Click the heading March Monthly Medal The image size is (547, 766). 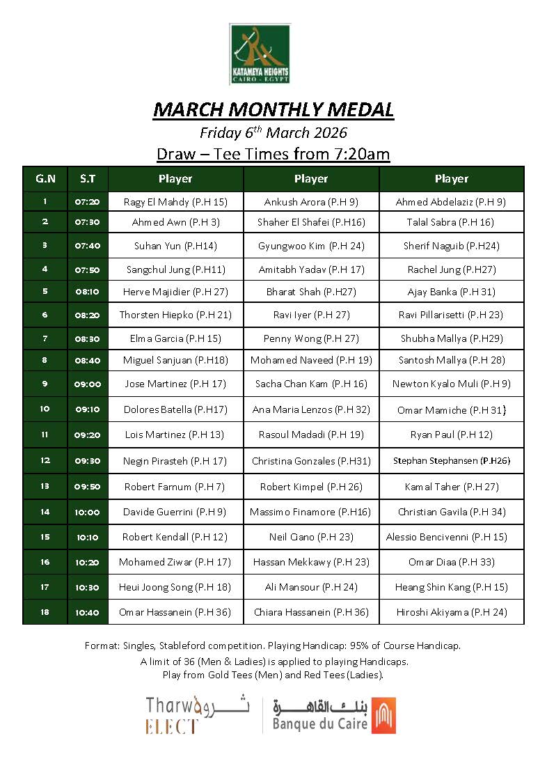273,109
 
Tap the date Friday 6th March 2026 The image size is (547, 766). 273,132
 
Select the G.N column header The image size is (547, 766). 45,179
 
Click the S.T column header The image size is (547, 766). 88,179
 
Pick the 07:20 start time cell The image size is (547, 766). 88,202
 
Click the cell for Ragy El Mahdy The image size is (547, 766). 175,202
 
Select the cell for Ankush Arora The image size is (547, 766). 311,202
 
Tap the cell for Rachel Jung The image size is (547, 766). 451,269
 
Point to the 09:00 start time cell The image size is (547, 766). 88,384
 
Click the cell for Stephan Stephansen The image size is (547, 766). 451,460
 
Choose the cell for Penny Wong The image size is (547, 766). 311,339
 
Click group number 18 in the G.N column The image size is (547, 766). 45,612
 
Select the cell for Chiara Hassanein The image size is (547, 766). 311,612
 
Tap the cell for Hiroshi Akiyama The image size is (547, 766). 451,612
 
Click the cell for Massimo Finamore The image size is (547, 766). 311,512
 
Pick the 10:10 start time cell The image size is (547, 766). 88,537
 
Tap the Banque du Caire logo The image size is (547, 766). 335,714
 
